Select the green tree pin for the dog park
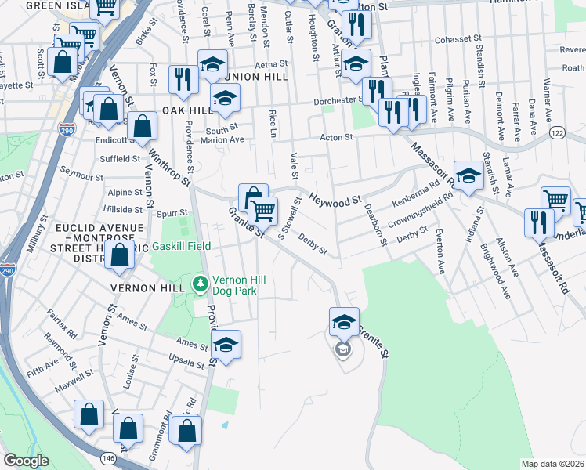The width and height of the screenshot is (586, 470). [x=201, y=283]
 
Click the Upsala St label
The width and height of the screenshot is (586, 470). [x=188, y=357]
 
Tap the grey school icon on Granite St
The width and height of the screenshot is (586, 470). [x=342, y=349]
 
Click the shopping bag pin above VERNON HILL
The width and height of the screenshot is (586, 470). [x=119, y=255]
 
